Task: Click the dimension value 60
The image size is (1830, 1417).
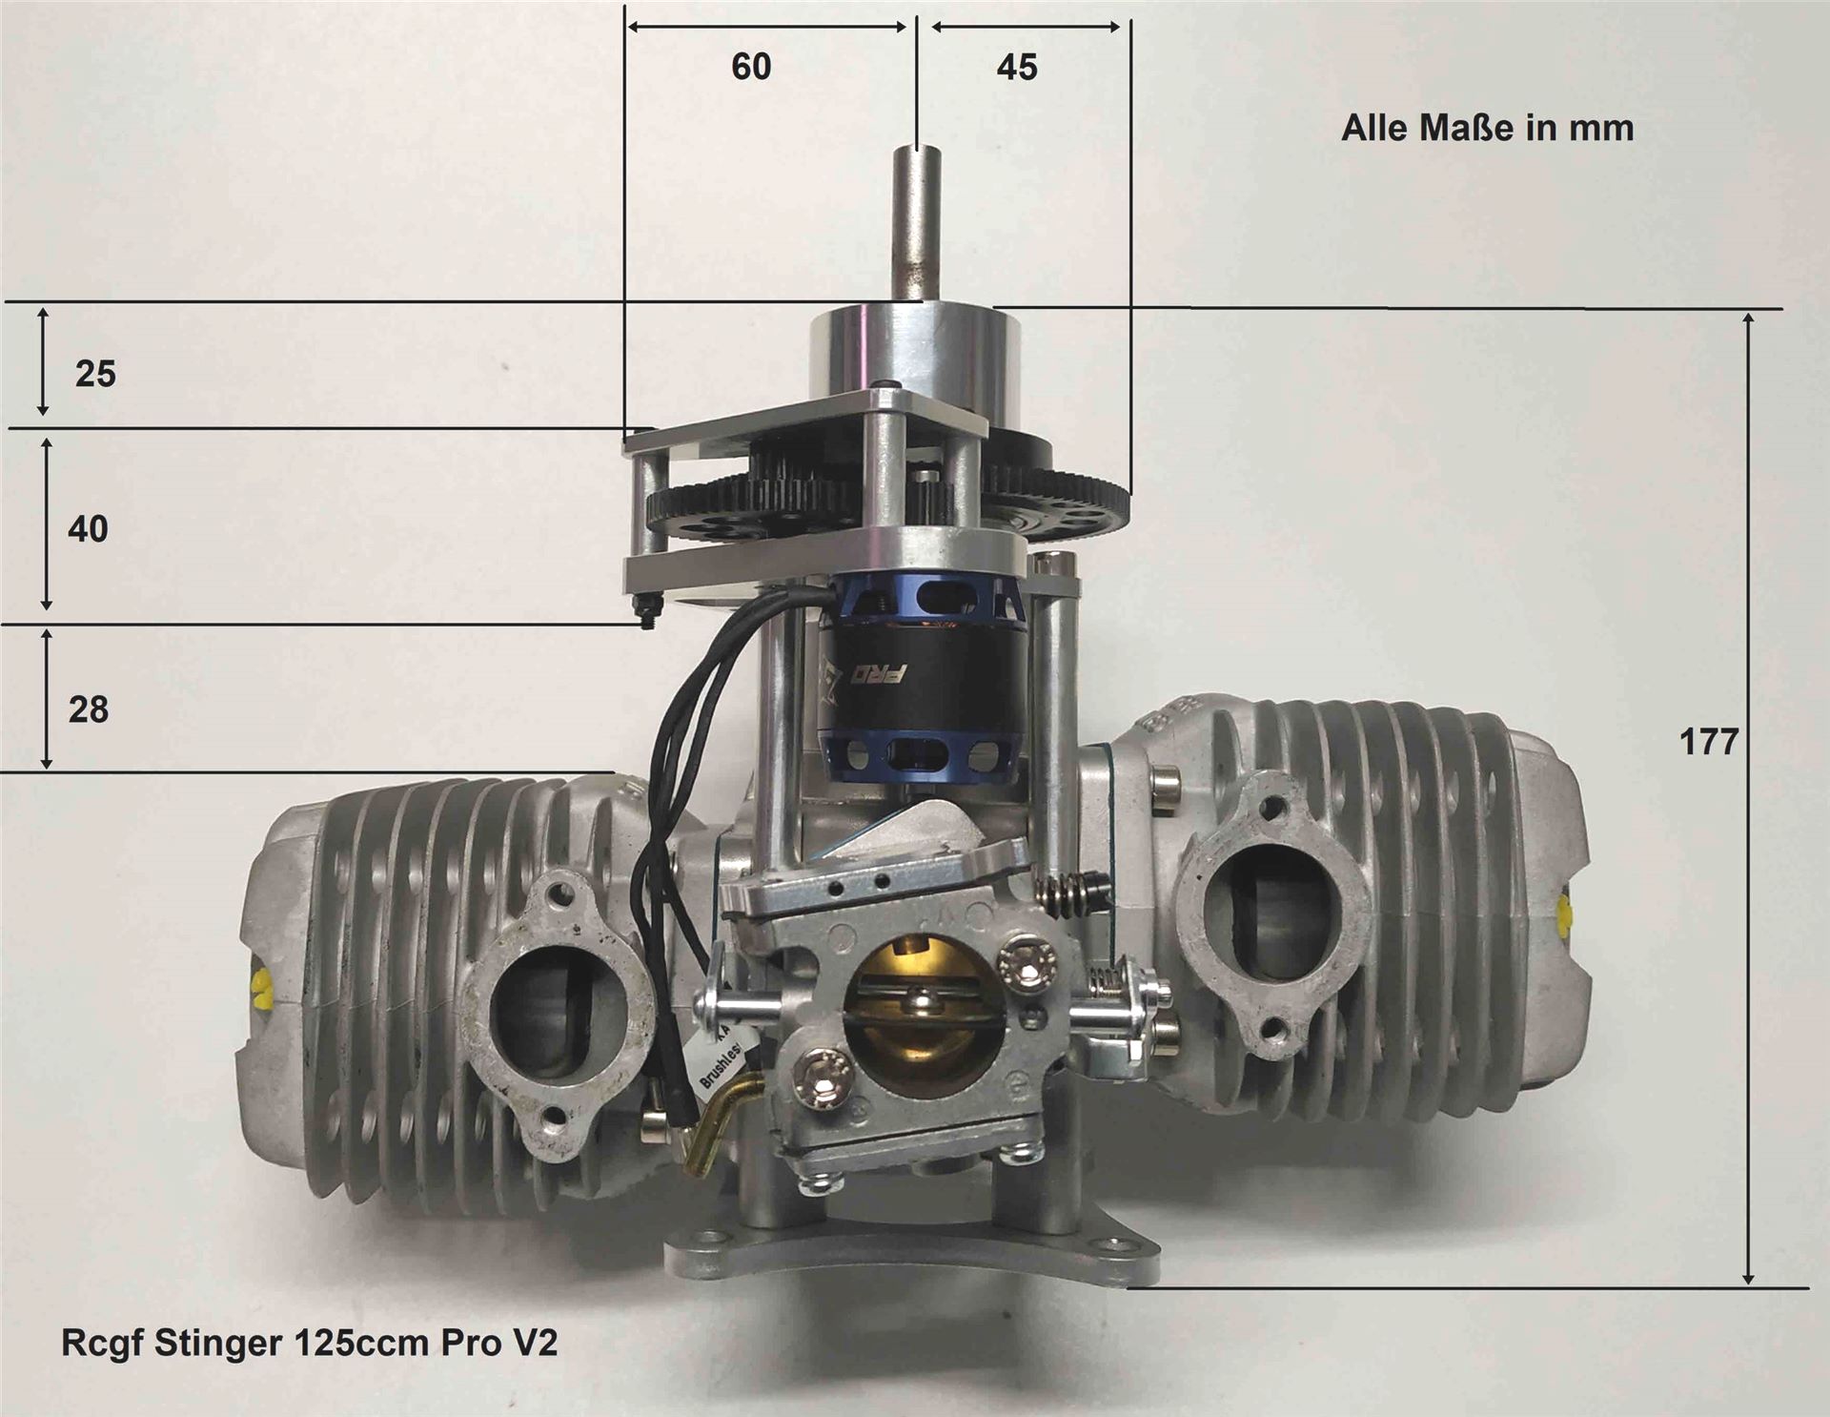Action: click(x=751, y=67)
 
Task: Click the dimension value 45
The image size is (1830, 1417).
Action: click(x=1017, y=68)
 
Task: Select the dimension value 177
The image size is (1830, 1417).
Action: click(x=1709, y=742)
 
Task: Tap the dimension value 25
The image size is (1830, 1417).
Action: click(x=95, y=374)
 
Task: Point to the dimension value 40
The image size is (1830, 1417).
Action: click(x=88, y=529)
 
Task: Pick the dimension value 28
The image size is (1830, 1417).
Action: click(x=89, y=710)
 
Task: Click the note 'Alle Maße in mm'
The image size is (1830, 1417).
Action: click(x=1487, y=129)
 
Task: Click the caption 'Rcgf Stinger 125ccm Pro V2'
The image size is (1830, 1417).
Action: click(x=310, y=1343)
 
